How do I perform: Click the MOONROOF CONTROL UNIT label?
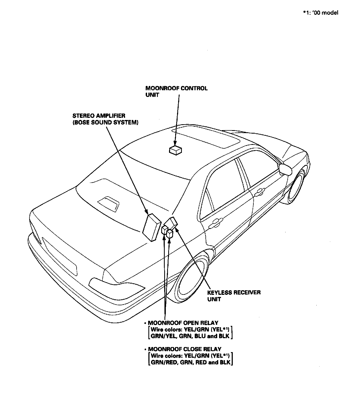[x=176, y=91]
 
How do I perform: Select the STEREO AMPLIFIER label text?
[x=99, y=116]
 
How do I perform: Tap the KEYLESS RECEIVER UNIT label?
[x=234, y=296]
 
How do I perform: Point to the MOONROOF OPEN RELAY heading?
[x=183, y=323]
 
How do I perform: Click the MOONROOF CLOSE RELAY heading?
[x=185, y=349]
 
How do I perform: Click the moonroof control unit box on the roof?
[x=175, y=150]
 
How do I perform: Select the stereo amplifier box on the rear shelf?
[x=152, y=227]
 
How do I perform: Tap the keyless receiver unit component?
[x=172, y=223]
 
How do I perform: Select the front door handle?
[x=259, y=191]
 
